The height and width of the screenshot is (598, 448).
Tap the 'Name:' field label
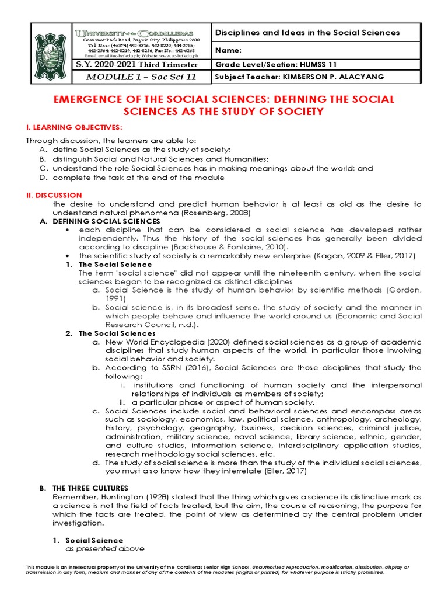(228, 50)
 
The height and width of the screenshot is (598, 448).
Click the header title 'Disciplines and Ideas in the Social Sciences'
(308, 33)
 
